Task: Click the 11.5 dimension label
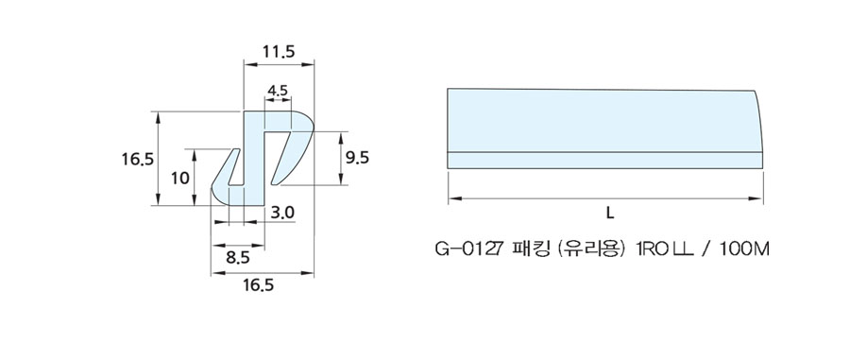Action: click(x=278, y=52)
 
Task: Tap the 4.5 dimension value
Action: click(x=278, y=91)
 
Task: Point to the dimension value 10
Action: click(x=180, y=178)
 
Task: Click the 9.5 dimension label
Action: click(x=357, y=158)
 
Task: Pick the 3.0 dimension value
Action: click(x=281, y=214)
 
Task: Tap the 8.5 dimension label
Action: click(x=237, y=258)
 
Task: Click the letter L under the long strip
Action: click(x=610, y=214)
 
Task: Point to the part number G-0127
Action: click(x=470, y=249)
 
